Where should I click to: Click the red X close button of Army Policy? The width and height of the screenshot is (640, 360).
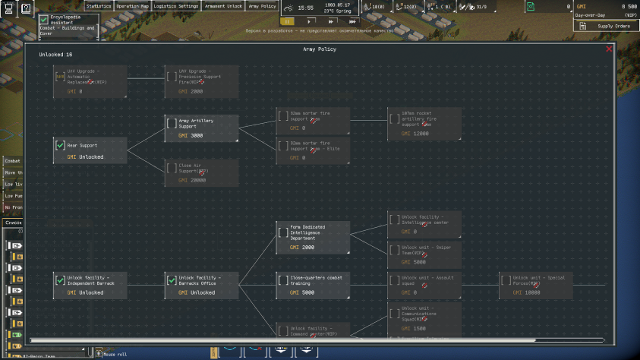[609, 49]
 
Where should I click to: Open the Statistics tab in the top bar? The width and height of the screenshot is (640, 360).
[98, 5]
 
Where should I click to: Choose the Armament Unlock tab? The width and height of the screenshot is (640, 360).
[224, 5]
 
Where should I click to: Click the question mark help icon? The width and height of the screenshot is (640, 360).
[26, 8]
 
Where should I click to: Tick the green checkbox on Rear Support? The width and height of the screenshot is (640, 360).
[60, 146]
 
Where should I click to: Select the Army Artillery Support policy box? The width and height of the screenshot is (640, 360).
[201, 128]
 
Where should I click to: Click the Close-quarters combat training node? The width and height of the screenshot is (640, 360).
[313, 285]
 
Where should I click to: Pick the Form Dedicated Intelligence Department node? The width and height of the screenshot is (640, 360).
[313, 237]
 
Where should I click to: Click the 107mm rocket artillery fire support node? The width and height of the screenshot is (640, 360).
[424, 124]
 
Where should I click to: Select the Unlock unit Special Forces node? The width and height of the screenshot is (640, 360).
[536, 285]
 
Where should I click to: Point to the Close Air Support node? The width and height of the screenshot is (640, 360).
[201, 172]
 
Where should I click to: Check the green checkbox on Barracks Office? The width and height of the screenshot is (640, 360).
[172, 280]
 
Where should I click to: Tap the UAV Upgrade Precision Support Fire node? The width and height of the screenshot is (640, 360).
[201, 81]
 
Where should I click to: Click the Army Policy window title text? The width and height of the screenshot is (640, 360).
[320, 49]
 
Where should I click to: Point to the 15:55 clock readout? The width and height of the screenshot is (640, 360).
[306, 8]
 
